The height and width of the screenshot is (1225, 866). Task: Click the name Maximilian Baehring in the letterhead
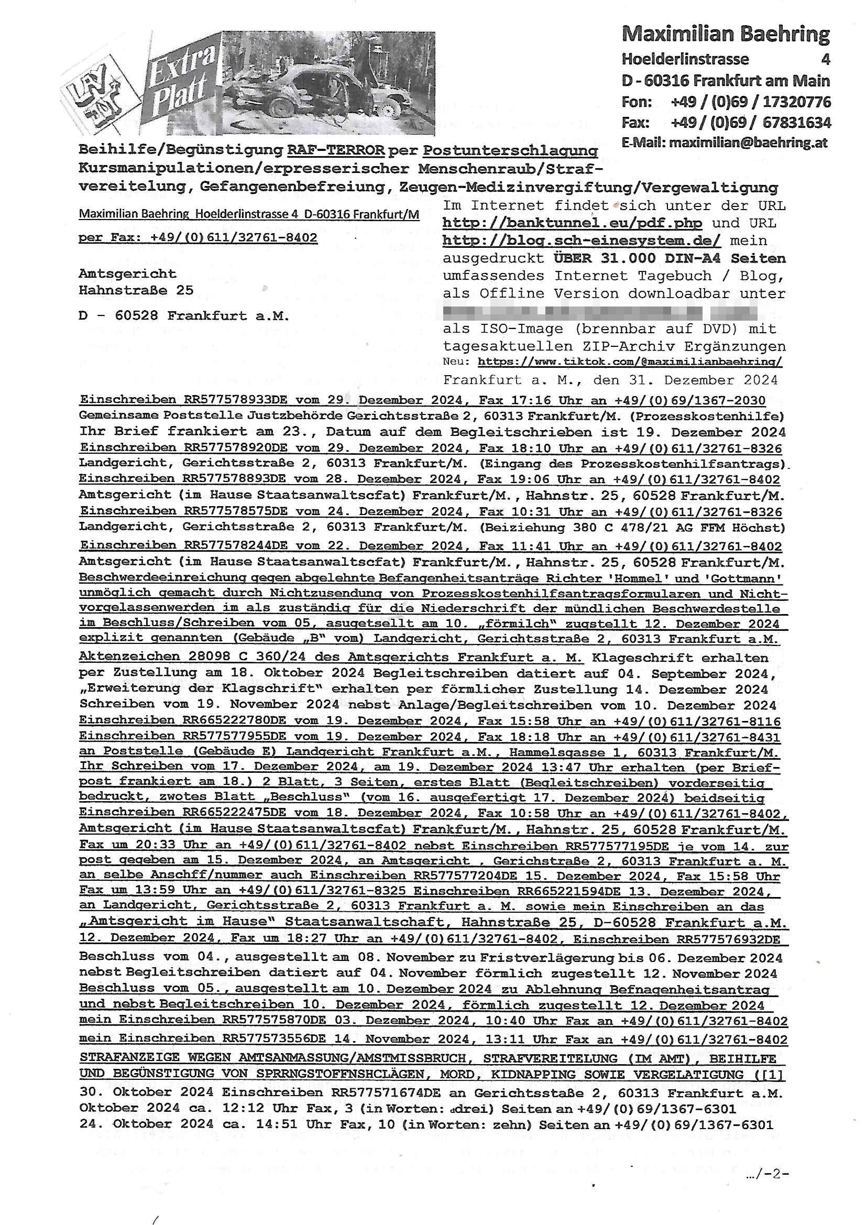[725, 34]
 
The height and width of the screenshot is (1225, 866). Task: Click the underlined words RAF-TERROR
[336, 150]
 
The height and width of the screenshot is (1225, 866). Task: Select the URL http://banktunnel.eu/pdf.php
[572, 223]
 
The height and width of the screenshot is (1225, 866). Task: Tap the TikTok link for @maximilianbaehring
[630, 362]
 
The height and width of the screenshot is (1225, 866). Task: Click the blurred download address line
[600, 311]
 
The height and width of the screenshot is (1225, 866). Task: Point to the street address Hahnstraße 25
[136, 290]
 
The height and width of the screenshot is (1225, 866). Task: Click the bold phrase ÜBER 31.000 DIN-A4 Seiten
[669, 258]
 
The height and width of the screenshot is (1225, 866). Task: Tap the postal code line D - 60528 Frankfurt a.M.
[183, 315]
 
